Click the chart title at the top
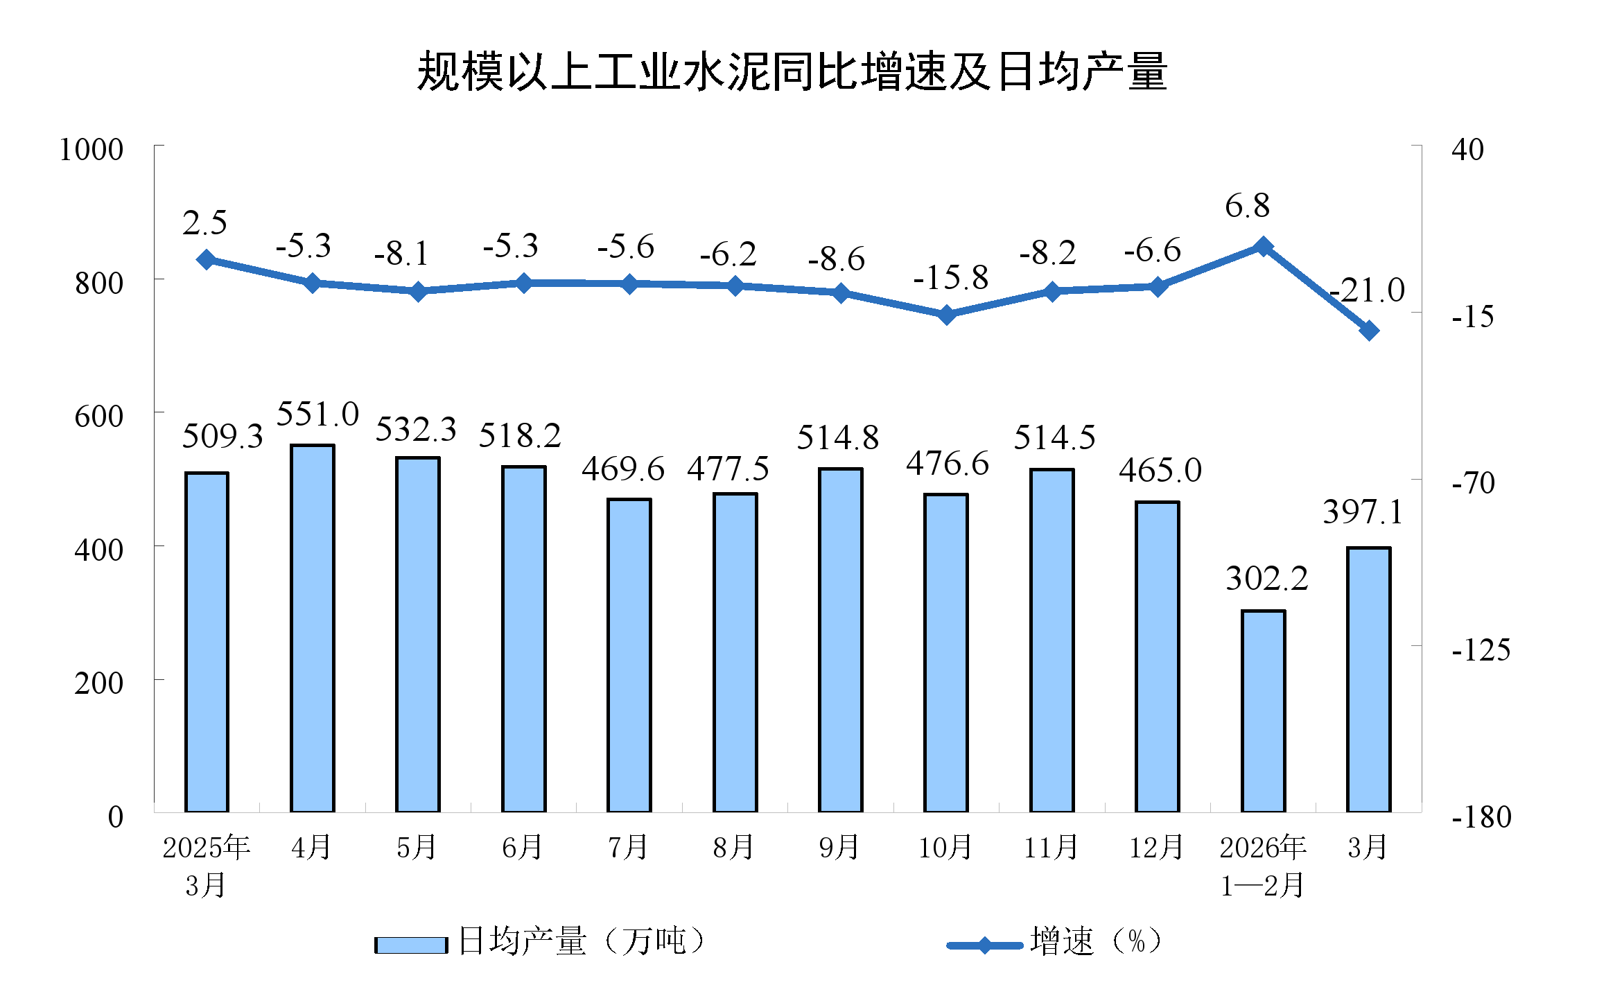coord(792,71)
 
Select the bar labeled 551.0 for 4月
coord(312,627)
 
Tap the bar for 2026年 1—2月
coord(1263,710)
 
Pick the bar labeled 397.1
coord(1368,679)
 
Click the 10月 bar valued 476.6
coord(945,652)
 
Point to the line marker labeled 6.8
coord(1263,247)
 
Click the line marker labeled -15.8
coord(946,315)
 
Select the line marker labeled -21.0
coord(1368,331)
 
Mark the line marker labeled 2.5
coord(206,260)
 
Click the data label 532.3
coord(416,430)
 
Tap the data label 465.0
coord(1160,471)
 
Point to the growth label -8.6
coord(836,259)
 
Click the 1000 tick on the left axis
coord(91,150)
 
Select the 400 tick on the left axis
coord(98,550)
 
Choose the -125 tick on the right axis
coord(1481,650)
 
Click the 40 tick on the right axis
coord(1467,150)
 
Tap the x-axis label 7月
coord(628,847)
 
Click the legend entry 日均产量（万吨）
coord(541,942)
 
